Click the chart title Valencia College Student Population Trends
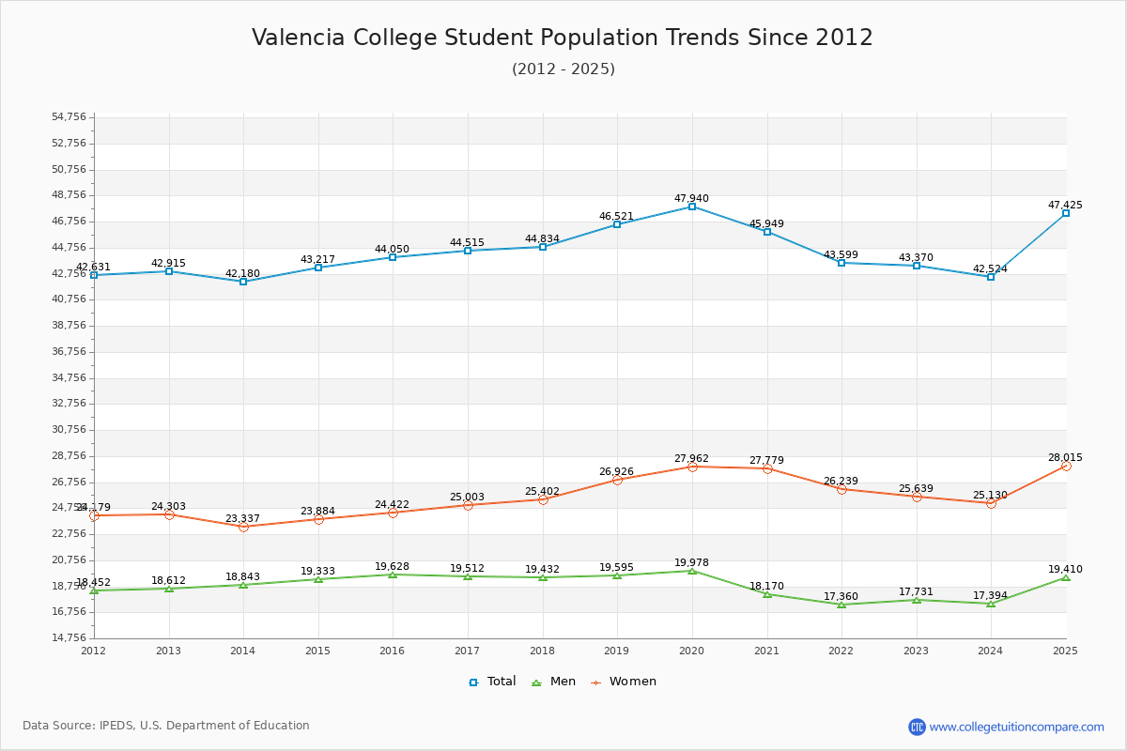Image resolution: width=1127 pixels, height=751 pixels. (563, 38)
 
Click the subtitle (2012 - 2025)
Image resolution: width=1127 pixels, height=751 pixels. (563, 69)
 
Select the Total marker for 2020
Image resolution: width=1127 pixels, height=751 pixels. (692, 207)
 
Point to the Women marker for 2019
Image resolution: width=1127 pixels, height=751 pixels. (617, 480)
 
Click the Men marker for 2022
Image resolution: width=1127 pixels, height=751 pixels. (841, 605)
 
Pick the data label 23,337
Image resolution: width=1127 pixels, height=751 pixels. (242, 519)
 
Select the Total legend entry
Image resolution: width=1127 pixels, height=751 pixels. (493, 682)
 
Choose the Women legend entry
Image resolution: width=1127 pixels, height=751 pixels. (624, 682)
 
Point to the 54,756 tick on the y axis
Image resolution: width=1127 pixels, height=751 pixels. (69, 117)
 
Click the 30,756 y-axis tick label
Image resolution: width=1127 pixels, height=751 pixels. (69, 430)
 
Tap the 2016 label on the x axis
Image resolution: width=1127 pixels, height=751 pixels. (393, 651)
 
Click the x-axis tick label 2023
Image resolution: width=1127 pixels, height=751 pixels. (916, 651)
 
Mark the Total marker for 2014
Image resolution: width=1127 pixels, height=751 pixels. (243, 282)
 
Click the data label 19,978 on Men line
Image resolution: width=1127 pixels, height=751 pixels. (691, 563)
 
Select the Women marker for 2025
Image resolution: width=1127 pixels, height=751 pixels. (1066, 466)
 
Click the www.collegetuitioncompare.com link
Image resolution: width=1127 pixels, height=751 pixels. (1016, 727)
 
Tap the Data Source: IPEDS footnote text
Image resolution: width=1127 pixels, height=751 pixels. (166, 726)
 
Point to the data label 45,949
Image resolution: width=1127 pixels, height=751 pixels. (766, 224)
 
